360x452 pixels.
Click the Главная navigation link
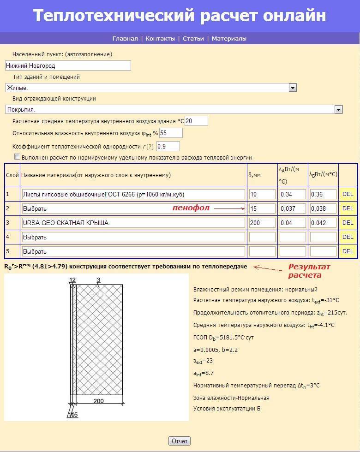[125, 39]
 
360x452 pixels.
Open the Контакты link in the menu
[160, 39]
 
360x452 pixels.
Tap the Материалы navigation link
[229, 39]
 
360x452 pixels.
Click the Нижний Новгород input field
[68, 66]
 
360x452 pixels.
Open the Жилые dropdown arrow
[293, 88]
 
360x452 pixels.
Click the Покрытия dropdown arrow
[339, 109]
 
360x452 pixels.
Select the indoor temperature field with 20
[196, 121]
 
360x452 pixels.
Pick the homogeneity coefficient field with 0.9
[168, 146]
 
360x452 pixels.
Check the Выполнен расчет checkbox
[18, 157]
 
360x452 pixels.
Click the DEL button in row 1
[348, 194]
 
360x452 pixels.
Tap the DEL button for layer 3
[348, 223]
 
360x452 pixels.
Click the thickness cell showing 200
[262, 223]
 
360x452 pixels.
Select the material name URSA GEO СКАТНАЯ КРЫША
[133, 223]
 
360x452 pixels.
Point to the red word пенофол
[191, 208]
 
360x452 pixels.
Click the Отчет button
[180, 441]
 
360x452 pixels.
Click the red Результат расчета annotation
[309, 271]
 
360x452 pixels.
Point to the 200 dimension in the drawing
[98, 401]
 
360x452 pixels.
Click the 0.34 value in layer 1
[293, 194]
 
